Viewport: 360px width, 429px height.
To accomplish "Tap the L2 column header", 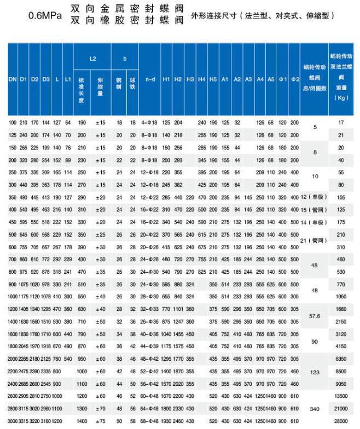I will coord(92,57).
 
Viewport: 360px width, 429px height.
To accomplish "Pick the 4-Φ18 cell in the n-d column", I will coord(150,122).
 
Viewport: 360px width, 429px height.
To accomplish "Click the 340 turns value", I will coord(314,409).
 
